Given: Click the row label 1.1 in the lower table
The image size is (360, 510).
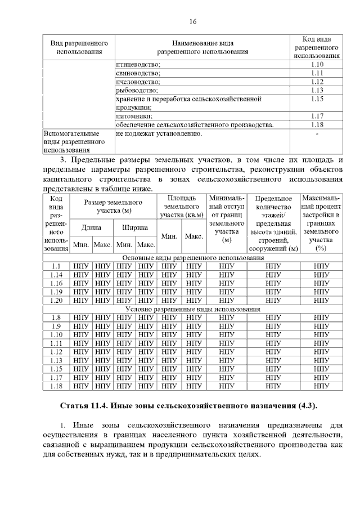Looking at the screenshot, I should [x=56, y=266].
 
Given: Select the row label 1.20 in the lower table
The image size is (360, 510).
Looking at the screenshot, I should [x=56, y=301].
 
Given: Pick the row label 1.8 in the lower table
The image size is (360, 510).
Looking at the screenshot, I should [x=56, y=318].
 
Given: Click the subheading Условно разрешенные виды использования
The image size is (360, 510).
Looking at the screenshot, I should [x=192, y=309].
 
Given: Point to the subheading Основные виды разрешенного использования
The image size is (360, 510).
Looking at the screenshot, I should [x=192, y=257].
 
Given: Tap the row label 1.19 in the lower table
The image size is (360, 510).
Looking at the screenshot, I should [x=56, y=292].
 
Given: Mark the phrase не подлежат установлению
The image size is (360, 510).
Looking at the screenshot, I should [x=159, y=134].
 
